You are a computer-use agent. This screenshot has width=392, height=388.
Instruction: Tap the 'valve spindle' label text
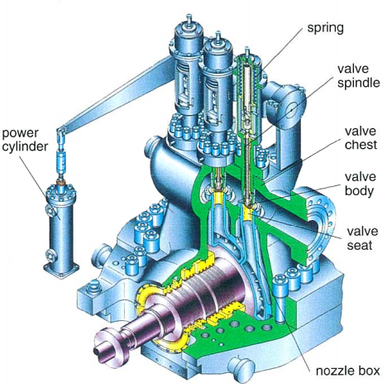[x=358, y=74]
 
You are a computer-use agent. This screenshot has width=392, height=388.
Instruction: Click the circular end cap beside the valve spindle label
[x=294, y=103]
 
